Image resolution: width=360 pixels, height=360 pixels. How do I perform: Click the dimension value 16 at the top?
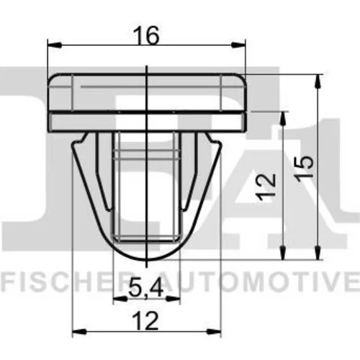(x=146, y=35)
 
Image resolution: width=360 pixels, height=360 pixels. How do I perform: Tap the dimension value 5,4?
(x=145, y=287)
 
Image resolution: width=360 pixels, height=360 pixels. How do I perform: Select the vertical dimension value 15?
(x=305, y=166)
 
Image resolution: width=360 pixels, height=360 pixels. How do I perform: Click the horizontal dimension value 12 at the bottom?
(x=146, y=320)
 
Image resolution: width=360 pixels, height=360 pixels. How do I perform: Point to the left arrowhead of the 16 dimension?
(x=55, y=45)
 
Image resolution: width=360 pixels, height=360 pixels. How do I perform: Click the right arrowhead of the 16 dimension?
(x=238, y=45)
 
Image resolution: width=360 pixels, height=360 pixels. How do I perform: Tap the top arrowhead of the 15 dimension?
(x=318, y=82)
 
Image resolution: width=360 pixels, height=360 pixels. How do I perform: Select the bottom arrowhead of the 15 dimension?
(x=318, y=252)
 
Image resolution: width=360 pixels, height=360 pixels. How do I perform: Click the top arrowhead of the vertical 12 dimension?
(x=283, y=119)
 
